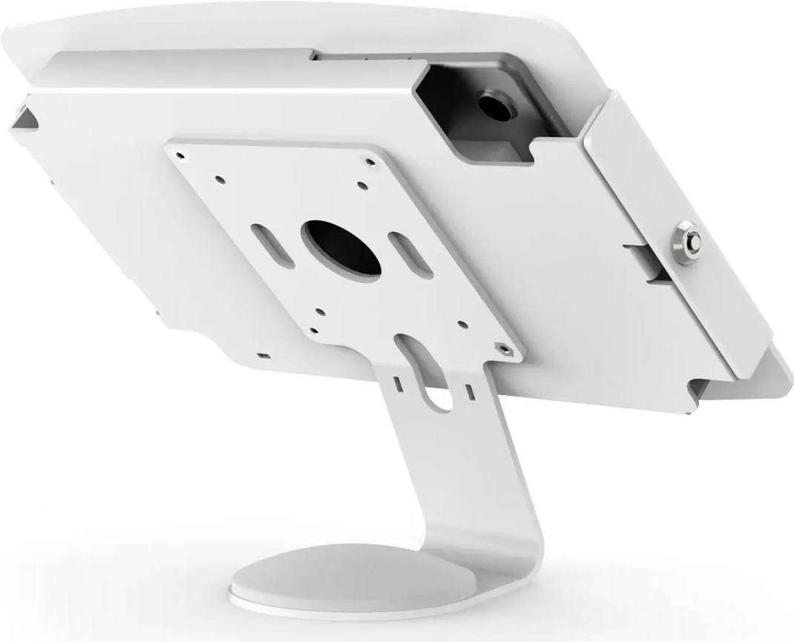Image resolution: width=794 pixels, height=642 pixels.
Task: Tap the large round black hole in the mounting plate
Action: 341,248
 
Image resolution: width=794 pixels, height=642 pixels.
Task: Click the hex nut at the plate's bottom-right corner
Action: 505,347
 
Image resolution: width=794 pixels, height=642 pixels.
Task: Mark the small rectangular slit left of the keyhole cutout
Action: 398,384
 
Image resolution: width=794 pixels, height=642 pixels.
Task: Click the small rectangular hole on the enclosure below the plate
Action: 262,357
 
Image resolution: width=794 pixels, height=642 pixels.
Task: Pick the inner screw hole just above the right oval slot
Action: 361,185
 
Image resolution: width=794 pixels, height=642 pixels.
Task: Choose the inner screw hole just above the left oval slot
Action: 220,177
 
